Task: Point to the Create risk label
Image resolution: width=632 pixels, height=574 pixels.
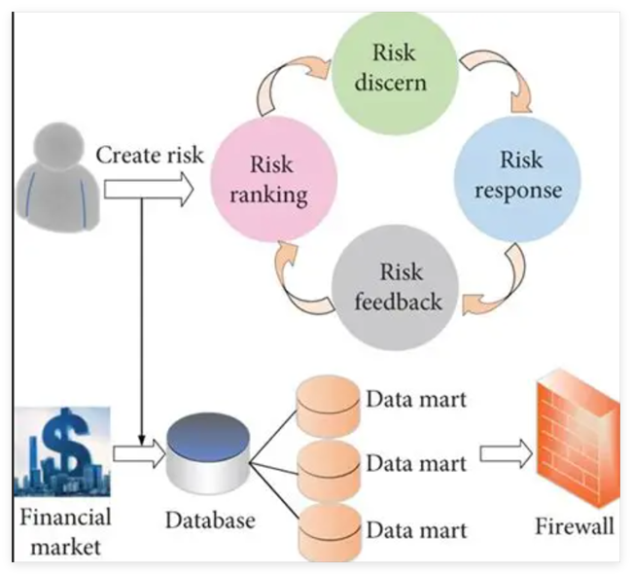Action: [150, 153]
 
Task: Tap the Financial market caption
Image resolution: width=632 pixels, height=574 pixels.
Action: [62, 531]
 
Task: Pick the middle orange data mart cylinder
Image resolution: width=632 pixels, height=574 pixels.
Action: [322, 465]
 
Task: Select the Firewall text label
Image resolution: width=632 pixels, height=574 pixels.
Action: [575, 526]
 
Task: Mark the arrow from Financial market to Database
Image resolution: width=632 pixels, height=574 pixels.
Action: [137, 452]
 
